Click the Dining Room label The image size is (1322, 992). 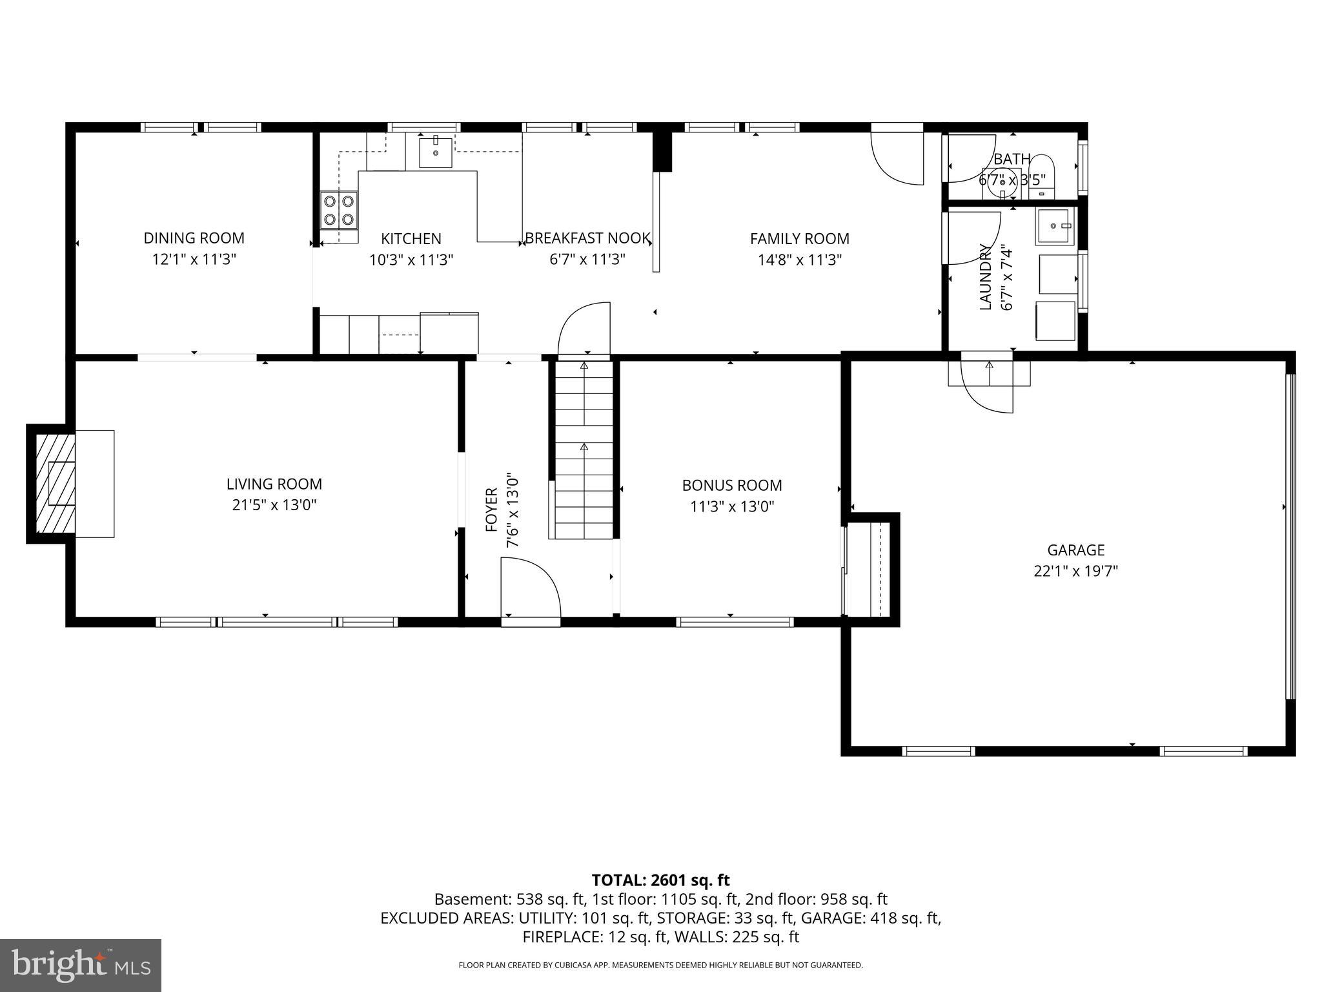(x=194, y=238)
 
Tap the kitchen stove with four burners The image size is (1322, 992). (x=339, y=210)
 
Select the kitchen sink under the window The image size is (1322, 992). (x=436, y=152)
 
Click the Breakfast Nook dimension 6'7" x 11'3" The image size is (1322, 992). (x=586, y=260)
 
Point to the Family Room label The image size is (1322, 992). (x=799, y=239)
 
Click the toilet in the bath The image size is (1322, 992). (x=1041, y=173)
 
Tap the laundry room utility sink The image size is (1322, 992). (x=1056, y=226)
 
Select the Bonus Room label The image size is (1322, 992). (x=732, y=486)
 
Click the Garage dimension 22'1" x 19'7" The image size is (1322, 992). (x=1075, y=572)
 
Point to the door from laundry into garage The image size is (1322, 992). (x=988, y=387)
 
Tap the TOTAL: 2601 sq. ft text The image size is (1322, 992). (x=660, y=880)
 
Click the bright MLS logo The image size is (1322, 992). (x=81, y=966)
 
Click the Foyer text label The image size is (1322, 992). (x=492, y=510)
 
